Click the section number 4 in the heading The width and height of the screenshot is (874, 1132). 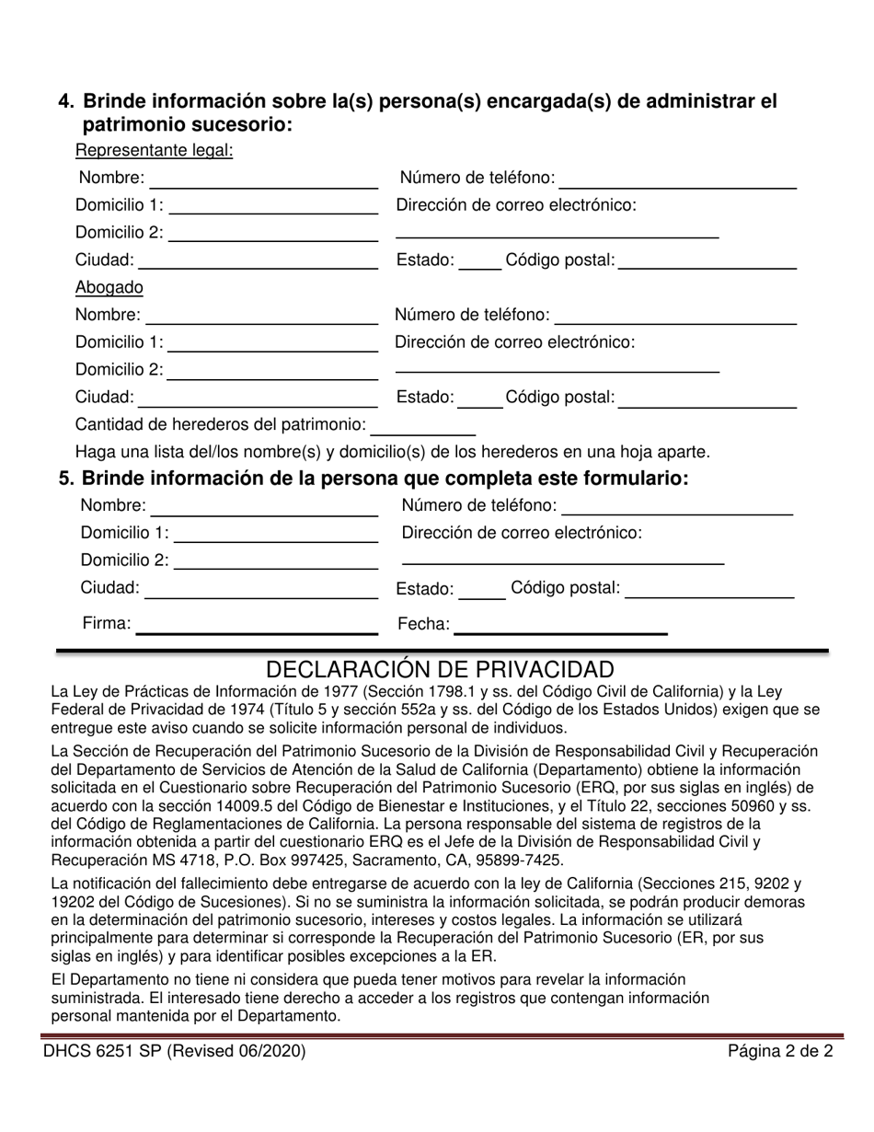pyautogui.click(x=65, y=101)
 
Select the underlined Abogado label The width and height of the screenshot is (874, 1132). pyautogui.click(x=109, y=287)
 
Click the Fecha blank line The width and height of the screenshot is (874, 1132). pyautogui.click(x=560, y=626)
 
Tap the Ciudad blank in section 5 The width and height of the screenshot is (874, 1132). pyautogui.click(x=262, y=589)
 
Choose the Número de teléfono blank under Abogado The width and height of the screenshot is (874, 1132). pyautogui.click(x=675, y=317)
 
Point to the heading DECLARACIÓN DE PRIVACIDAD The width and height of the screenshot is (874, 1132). pyautogui.click(x=440, y=669)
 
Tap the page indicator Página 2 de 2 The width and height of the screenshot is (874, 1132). pyautogui.click(x=780, y=1051)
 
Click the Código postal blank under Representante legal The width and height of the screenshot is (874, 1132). pyautogui.click(x=707, y=261)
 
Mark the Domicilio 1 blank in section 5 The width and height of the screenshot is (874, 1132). pyautogui.click(x=276, y=534)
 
